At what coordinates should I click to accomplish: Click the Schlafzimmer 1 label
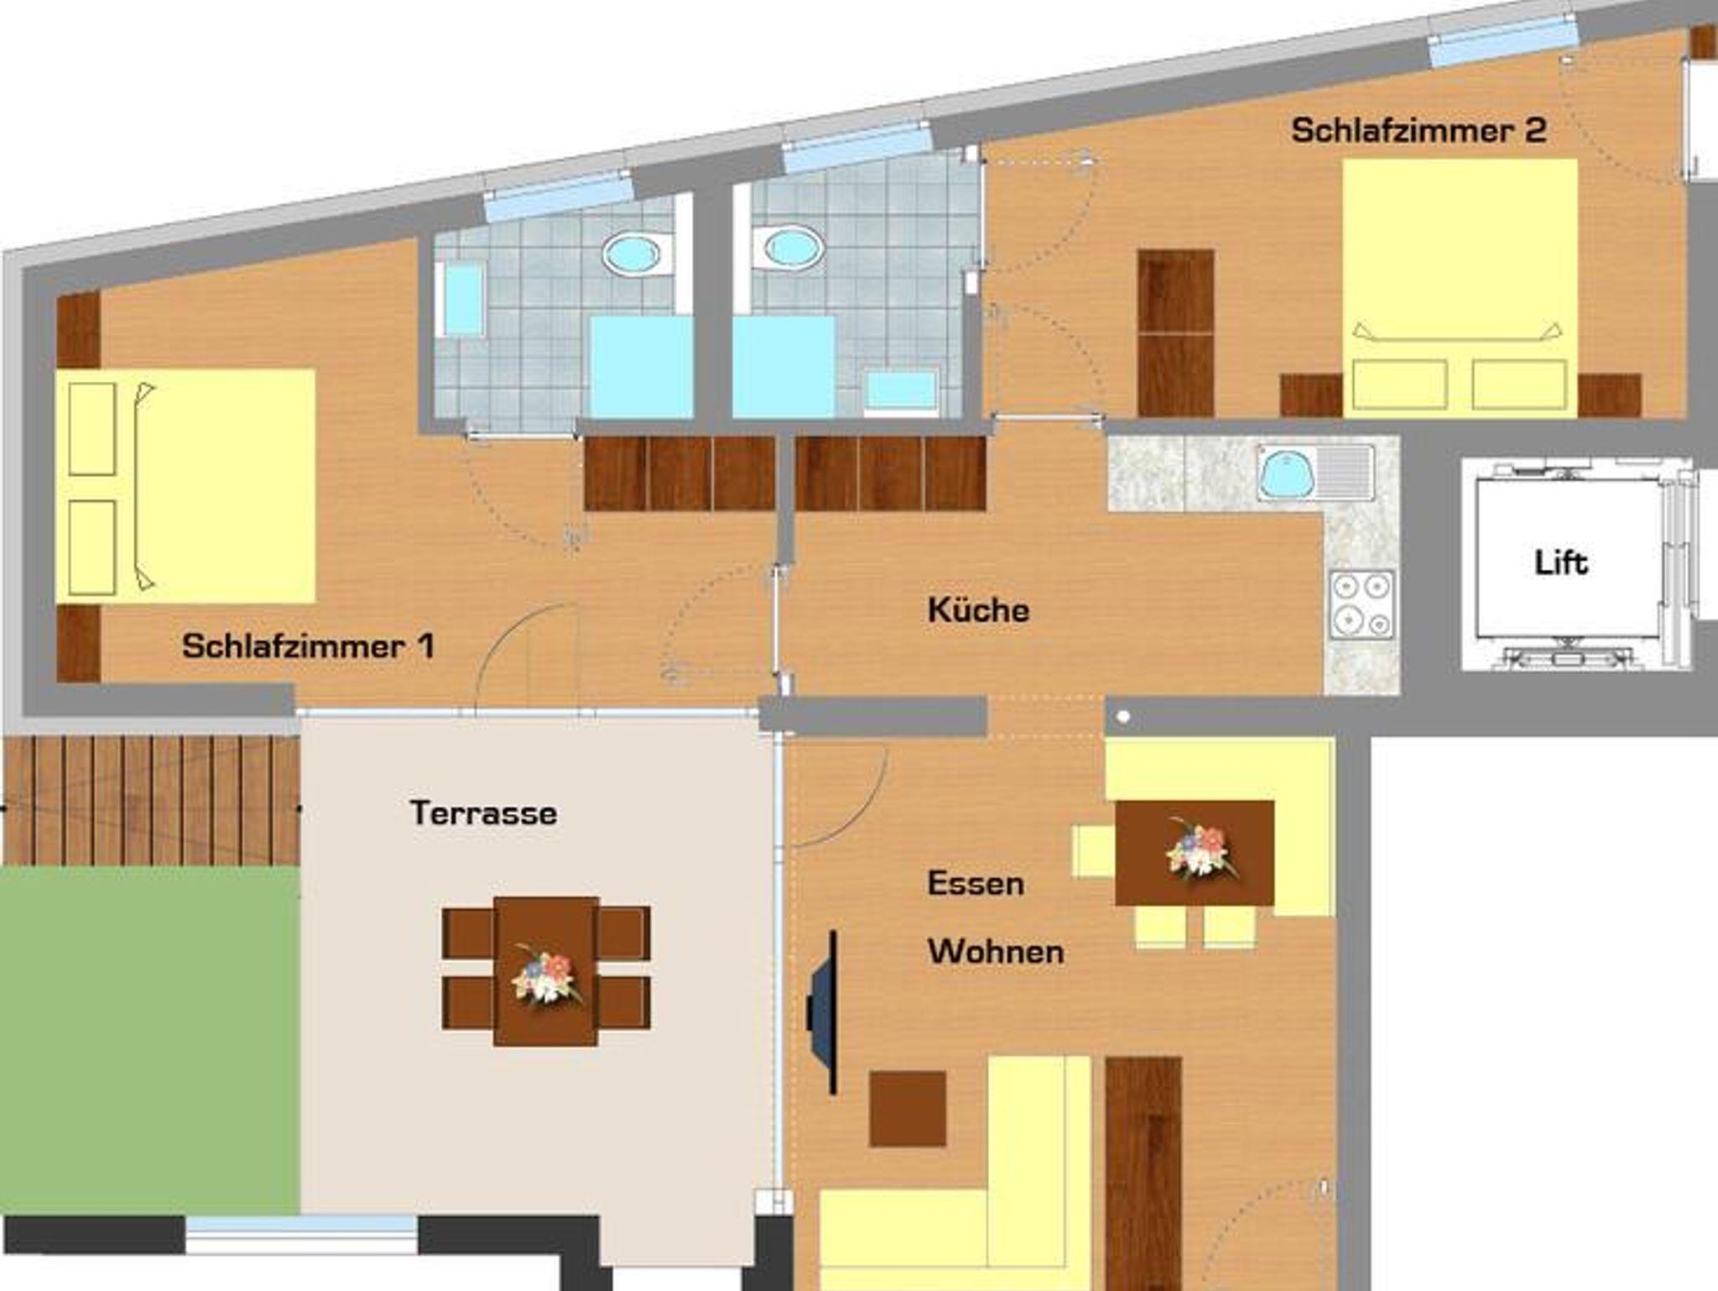(x=308, y=646)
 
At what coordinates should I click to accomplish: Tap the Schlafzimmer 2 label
(x=1419, y=130)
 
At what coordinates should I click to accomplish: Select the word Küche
(x=978, y=609)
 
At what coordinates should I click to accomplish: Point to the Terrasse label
(x=483, y=813)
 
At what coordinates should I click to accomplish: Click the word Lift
(x=1561, y=562)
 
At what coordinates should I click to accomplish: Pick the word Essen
(x=976, y=883)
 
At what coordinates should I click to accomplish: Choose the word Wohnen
(x=996, y=951)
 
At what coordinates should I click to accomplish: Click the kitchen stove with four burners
(x=1362, y=604)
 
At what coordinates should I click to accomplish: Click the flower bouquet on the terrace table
(x=546, y=975)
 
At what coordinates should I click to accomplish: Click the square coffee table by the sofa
(x=908, y=1109)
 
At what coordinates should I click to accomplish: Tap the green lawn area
(x=149, y=1040)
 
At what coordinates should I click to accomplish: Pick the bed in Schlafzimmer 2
(x=1460, y=288)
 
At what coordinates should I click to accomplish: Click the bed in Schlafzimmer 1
(x=185, y=486)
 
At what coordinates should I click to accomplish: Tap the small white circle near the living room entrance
(x=1123, y=717)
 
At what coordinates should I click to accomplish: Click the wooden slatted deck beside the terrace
(x=151, y=801)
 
